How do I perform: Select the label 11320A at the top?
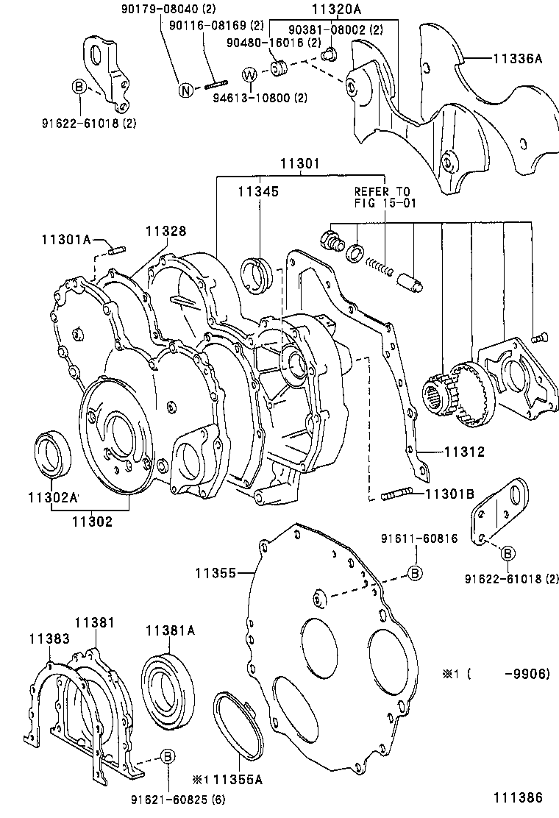[x=337, y=10]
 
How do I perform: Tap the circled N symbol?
[x=186, y=90]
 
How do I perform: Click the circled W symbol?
[x=249, y=75]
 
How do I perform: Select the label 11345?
[x=258, y=191]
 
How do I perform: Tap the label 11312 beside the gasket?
[x=463, y=452]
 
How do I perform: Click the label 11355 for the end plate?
[x=216, y=572]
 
